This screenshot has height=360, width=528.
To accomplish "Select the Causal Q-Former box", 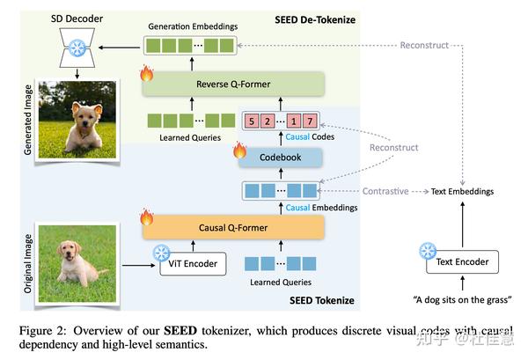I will tap(234, 228).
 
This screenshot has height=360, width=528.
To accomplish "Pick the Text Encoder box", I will tap(462, 261).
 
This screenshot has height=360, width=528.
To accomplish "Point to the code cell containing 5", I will tap(253, 121).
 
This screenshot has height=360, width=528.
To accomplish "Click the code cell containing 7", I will tap(310, 121).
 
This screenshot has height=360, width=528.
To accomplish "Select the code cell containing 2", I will tap(267, 121).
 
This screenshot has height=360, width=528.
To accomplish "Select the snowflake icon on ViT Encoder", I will tap(161, 253).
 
